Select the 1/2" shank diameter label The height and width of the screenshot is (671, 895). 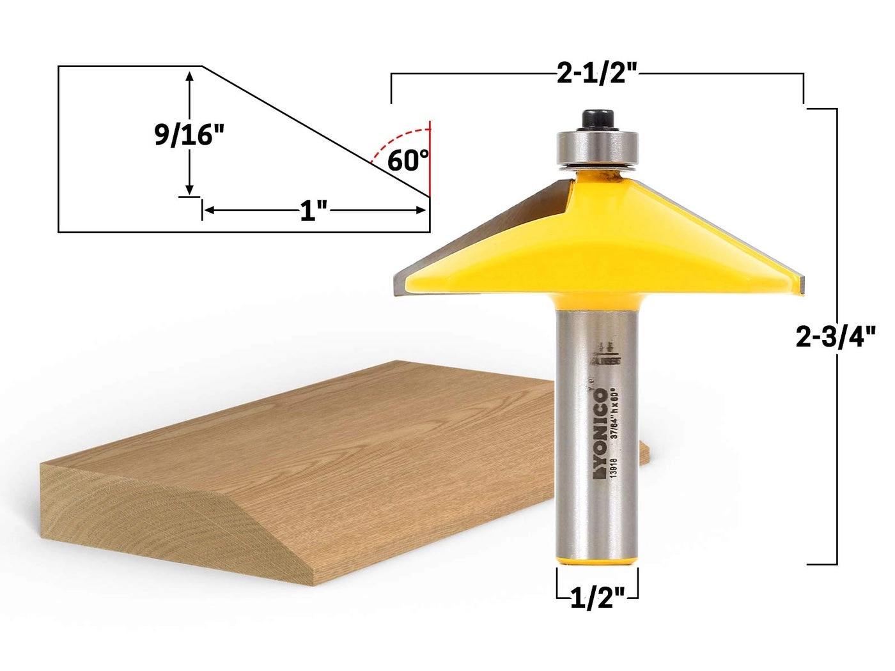[597, 599]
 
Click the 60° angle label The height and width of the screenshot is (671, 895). [407, 160]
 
